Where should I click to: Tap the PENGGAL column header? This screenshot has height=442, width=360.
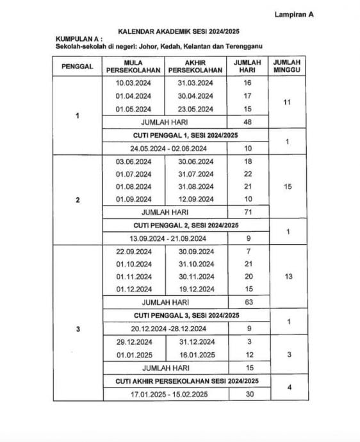pos(78,66)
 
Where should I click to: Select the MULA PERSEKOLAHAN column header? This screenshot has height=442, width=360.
pos(133,66)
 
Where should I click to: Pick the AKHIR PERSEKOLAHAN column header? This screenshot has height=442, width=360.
pos(197,66)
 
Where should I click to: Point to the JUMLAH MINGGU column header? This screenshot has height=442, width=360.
pos(288,66)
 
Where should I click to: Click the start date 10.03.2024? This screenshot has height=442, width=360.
pos(133,83)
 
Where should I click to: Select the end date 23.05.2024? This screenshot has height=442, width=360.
pos(196,109)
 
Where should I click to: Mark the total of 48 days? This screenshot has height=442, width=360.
pos(247,122)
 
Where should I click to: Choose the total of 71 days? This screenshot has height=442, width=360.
pos(247,212)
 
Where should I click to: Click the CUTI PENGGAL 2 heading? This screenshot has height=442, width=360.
pos(186,225)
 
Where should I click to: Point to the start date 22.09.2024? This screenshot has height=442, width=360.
pos(133,251)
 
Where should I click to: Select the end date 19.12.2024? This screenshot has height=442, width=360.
pos(196,290)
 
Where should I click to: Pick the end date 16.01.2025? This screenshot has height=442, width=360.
pos(196,354)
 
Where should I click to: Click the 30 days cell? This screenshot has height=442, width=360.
pos(247,393)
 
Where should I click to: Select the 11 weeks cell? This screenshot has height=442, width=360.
pos(288,102)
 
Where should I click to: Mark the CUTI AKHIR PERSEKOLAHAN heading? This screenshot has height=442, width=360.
pos(186,381)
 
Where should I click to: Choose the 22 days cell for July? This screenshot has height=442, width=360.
pos(247,174)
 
